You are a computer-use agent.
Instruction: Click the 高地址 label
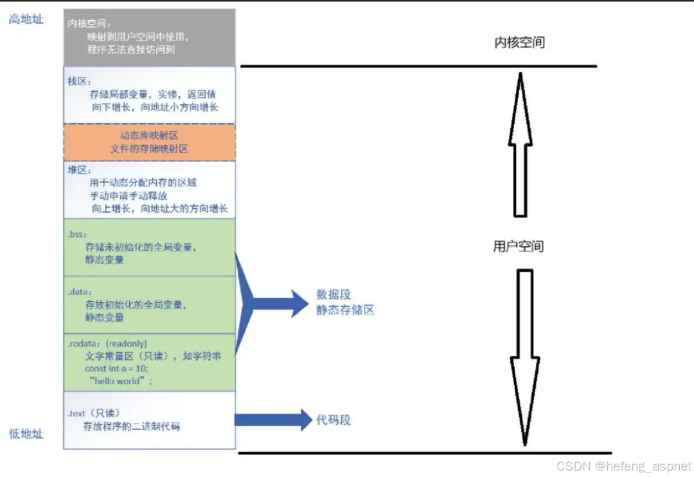[26, 19]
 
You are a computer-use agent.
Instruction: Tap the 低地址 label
[26, 434]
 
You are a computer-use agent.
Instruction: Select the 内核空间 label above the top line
[519, 43]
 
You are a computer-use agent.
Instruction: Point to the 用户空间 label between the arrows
[518, 246]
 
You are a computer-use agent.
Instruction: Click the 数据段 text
[334, 295]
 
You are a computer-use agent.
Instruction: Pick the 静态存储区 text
[344, 310]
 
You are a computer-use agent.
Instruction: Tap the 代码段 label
[334, 420]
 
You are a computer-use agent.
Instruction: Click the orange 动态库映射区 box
[149, 142]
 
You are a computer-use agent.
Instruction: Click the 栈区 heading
[80, 82]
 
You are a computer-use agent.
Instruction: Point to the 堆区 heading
[80, 170]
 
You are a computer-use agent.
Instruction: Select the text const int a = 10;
[116, 368]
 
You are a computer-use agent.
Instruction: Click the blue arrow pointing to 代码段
[273, 420]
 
